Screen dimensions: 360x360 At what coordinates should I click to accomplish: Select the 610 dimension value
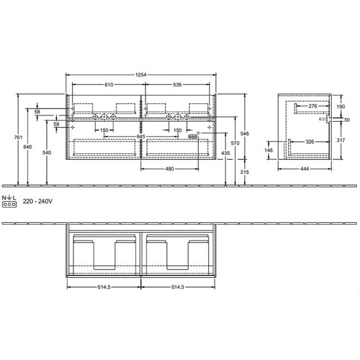click(x=108, y=85)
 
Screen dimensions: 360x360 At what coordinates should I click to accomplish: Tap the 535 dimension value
click(x=177, y=85)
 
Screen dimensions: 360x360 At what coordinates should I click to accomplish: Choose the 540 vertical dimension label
click(x=47, y=153)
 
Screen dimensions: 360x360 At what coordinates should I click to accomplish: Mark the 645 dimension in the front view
click(x=140, y=137)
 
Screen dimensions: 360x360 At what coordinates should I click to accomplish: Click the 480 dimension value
click(x=170, y=168)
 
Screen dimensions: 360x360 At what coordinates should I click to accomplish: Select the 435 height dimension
click(x=225, y=153)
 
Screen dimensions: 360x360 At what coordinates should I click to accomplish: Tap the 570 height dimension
click(x=235, y=143)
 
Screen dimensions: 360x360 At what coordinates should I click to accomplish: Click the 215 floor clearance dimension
click(x=245, y=172)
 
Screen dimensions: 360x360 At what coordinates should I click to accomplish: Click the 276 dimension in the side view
click(x=313, y=106)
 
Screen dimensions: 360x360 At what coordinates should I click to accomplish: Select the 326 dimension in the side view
click(x=309, y=141)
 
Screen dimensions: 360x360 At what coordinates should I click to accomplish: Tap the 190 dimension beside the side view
click(x=340, y=106)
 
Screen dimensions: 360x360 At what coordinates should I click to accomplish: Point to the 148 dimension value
click(x=269, y=151)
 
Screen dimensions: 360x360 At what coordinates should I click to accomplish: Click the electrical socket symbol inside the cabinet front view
click(x=193, y=136)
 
